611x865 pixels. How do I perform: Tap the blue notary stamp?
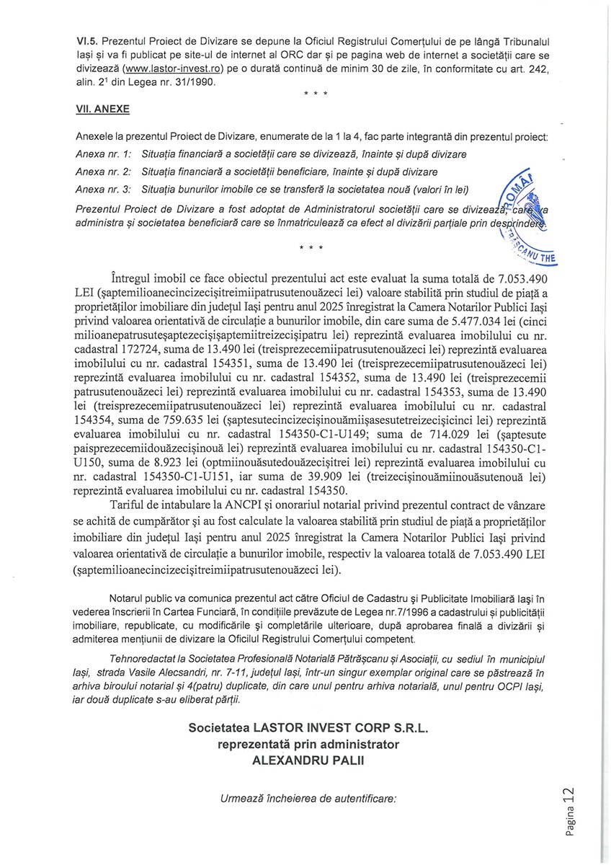coord(530,216)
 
